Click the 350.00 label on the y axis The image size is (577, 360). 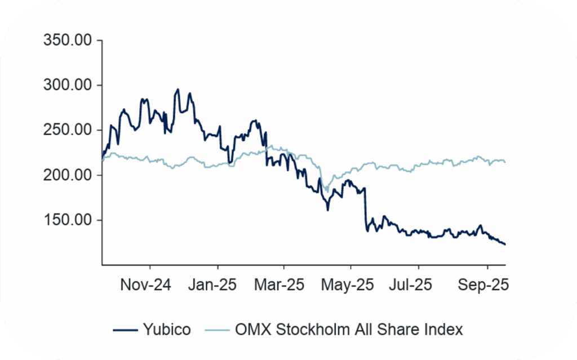(65, 41)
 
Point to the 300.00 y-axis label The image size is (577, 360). (65, 86)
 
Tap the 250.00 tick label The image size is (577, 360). (65, 130)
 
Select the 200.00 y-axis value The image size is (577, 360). (65, 175)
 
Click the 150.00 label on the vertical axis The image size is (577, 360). (65, 220)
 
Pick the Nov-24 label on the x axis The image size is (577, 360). (145, 285)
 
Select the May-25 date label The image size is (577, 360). (349, 285)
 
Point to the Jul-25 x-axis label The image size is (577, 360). (415, 285)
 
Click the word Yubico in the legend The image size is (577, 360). (167, 330)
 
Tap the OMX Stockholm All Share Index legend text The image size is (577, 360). (348, 330)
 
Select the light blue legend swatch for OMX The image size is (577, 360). (218, 330)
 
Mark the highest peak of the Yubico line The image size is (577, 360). (177, 89)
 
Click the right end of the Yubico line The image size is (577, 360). (505, 244)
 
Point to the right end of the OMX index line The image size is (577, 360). (505, 162)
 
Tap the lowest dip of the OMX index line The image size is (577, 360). (327, 192)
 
